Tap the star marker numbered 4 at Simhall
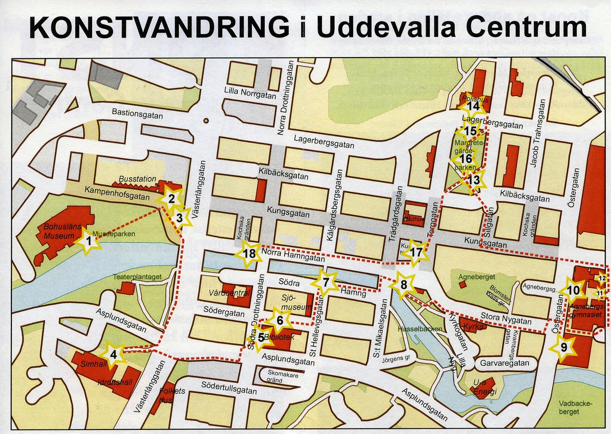tap(113, 354)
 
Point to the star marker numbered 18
tap(250, 254)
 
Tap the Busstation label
tap(137, 179)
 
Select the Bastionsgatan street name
tap(137, 114)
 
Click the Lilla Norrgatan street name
tap(250, 93)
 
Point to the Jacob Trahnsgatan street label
tap(538, 133)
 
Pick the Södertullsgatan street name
tap(229, 387)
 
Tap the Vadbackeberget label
tap(575, 407)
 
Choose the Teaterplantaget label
tap(138, 277)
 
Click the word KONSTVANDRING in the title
tap(159, 28)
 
